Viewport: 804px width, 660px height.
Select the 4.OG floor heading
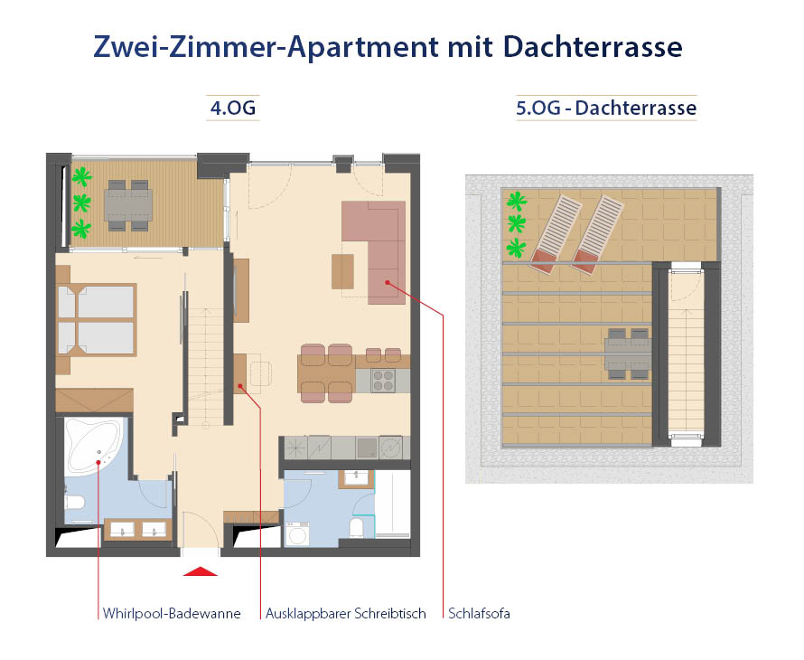[233, 108]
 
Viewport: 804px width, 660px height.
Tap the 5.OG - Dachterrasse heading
[606, 108]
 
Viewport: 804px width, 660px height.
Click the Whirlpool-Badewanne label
[172, 614]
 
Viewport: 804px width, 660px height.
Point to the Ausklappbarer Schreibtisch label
[346, 614]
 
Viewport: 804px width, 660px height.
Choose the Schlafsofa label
[479, 614]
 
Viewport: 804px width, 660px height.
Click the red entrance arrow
[201, 570]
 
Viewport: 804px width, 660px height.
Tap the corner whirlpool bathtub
[93, 448]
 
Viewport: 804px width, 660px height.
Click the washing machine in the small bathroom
[296, 533]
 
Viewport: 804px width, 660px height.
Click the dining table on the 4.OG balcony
[128, 205]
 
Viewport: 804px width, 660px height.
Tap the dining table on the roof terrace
[629, 353]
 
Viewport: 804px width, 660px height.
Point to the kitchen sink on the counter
[367, 447]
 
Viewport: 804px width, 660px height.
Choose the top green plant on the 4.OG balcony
[82, 174]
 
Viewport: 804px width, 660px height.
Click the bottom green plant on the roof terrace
[516, 247]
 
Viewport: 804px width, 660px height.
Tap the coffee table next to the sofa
[343, 270]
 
